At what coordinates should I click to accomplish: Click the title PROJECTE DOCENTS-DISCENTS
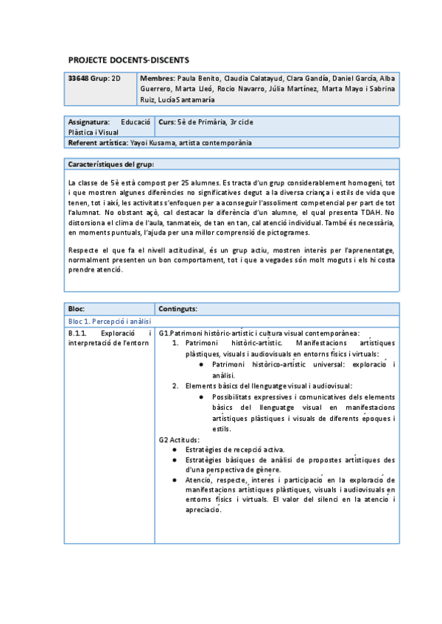(128, 60)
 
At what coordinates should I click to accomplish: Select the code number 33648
(78, 79)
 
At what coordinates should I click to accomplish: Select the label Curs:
(166, 121)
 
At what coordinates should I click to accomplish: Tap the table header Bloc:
(76, 309)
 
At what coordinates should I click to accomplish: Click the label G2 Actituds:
(179, 439)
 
